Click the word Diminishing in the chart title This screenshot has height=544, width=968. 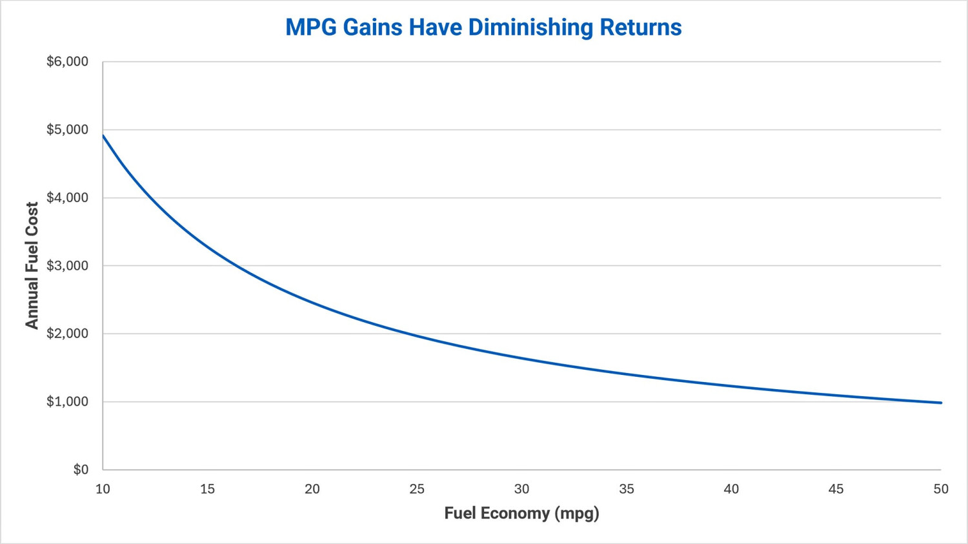[530, 27]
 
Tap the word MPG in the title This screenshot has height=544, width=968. [310, 27]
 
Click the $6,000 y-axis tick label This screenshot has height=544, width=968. [67, 61]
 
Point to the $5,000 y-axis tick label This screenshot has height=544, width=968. [67, 129]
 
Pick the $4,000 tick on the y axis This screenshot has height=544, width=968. [67, 197]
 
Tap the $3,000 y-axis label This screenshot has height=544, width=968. [67, 265]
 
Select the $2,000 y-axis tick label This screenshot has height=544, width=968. [67, 333]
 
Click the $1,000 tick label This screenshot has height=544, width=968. [67, 401]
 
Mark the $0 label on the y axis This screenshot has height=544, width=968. [81, 469]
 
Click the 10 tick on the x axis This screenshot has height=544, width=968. [103, 489]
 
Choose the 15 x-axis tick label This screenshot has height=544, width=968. [207, 489]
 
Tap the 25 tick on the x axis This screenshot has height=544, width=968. [417, 489]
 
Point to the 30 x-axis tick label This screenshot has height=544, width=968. [521, 489]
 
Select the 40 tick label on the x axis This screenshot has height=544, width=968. [731, 489]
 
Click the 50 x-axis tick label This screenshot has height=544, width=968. [941, 489]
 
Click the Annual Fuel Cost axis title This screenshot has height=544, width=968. [32, 265]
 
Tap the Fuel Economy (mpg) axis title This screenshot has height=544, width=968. [521, 513]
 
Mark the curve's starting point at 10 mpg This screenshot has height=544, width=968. [103, 136]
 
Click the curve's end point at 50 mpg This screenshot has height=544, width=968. [941, 403]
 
